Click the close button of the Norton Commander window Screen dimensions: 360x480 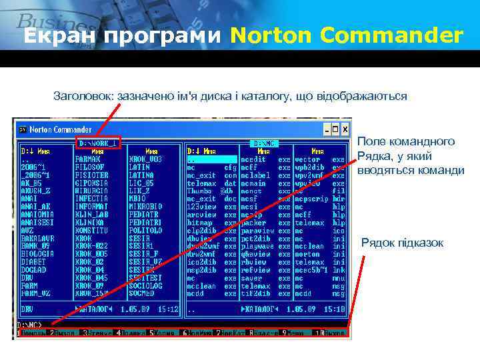(346, 128)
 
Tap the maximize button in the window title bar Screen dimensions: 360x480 (337, 128)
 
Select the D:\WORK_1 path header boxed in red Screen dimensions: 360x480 (98, 143)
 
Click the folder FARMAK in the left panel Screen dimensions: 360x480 (87, 159)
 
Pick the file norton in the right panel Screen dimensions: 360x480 (307, 253)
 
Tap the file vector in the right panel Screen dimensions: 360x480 (307, 159)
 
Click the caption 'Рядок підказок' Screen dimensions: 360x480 (402, 242)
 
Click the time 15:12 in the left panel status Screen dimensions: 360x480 (168, 309)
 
